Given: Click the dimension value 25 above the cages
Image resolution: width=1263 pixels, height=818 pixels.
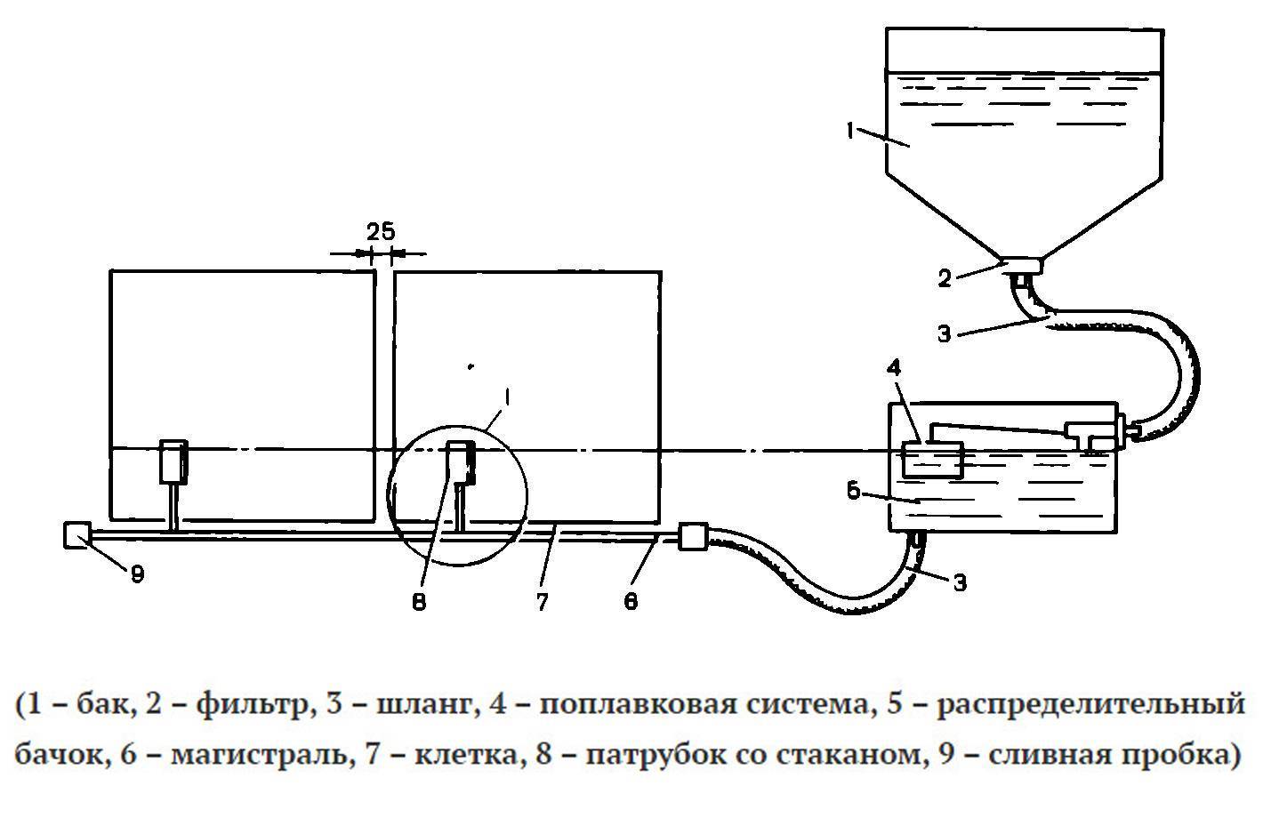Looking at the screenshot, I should click(380, 232).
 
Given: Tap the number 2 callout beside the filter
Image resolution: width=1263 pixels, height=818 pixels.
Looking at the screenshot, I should click(945, 278).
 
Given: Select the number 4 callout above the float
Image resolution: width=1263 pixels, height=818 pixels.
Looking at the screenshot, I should click(897, 368).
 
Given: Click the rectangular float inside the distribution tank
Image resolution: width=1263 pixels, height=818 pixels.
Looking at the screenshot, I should click(931, 460).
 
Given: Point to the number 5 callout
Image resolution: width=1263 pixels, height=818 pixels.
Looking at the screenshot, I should click(854, 491).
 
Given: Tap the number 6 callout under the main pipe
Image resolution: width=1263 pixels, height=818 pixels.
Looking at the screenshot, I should click(630, 602).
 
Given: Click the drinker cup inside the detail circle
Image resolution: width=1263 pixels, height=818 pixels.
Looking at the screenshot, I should click(462, 461).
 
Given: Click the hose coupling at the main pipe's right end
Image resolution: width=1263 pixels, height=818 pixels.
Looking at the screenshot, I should click(691, 537).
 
